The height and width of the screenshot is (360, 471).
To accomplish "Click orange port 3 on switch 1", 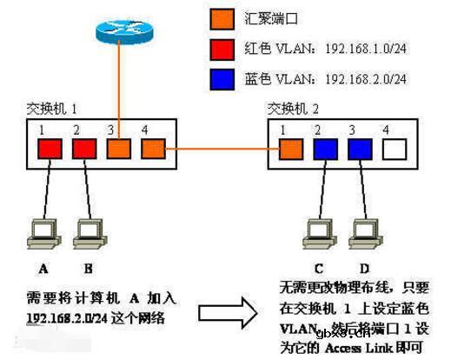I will [118, 149].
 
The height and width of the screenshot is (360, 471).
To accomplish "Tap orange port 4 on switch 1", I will [152, 149].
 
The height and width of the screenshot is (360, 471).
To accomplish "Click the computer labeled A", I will [42, 232].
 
